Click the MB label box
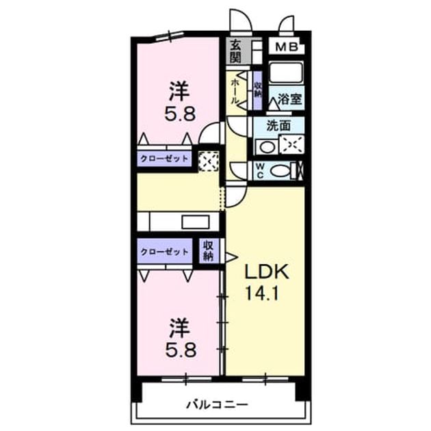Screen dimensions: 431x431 287,47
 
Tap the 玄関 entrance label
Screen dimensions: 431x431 235,51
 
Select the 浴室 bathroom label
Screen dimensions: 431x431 289,99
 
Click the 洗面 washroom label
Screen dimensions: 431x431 278,126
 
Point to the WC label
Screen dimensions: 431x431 260,171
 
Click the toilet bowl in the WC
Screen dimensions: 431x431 280,171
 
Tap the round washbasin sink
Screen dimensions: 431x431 266,147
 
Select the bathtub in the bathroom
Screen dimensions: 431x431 286,72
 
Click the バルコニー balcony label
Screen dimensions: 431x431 217,404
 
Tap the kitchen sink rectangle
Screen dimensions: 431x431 196,222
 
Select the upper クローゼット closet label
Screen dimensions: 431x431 164,159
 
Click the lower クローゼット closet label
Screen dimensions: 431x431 164,252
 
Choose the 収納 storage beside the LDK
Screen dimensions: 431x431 209,250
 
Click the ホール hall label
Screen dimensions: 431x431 235,92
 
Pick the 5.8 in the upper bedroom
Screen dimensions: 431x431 180,114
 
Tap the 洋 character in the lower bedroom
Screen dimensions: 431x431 180,327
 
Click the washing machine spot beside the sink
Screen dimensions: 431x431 291,144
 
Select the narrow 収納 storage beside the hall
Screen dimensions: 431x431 258,90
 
